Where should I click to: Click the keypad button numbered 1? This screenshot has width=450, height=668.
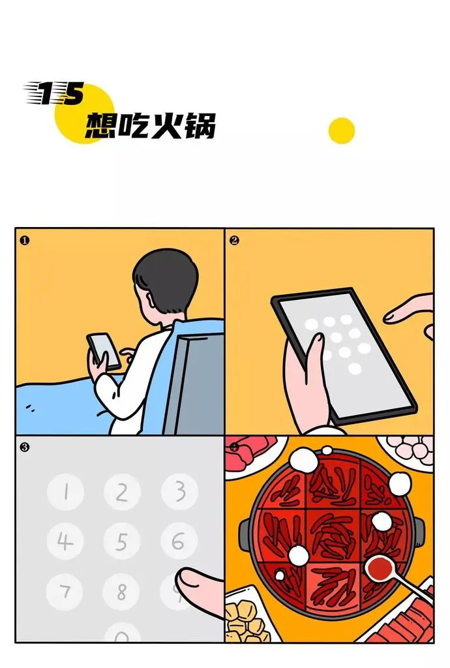pyautogui.click(x=66, y=492)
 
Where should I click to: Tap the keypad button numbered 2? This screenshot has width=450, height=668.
pyautogui.click(x=122, y=492)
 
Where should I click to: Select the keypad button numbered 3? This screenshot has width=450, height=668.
pyautogui.click(x=179, y=491)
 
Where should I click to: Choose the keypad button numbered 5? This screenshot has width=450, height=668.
pyautogui.click(x=122, y=541)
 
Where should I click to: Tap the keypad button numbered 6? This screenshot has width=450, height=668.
pyautogui.click(x=179, y=541)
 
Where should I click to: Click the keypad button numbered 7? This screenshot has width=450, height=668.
pyautogui.click(x=65, y=592)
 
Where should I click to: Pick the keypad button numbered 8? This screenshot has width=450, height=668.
pyautogui.click(x=121, y=592)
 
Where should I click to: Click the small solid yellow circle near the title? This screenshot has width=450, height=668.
pyautogui.click(x=342, y=130)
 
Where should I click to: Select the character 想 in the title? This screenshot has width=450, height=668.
pyautogui.click(x=101, y=126)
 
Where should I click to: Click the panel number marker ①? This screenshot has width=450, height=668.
pyautogui.click(x=25, y=240)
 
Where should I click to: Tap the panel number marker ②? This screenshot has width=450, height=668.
pyautogui.click(x=234, y=240)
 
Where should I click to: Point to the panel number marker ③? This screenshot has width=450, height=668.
pyautogui.click(x=25, y=448)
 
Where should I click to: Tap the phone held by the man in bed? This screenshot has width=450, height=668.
pyautogui.click(x=104, y=350)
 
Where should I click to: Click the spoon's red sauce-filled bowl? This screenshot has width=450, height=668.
pyautogui.click(x=380, y=568)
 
